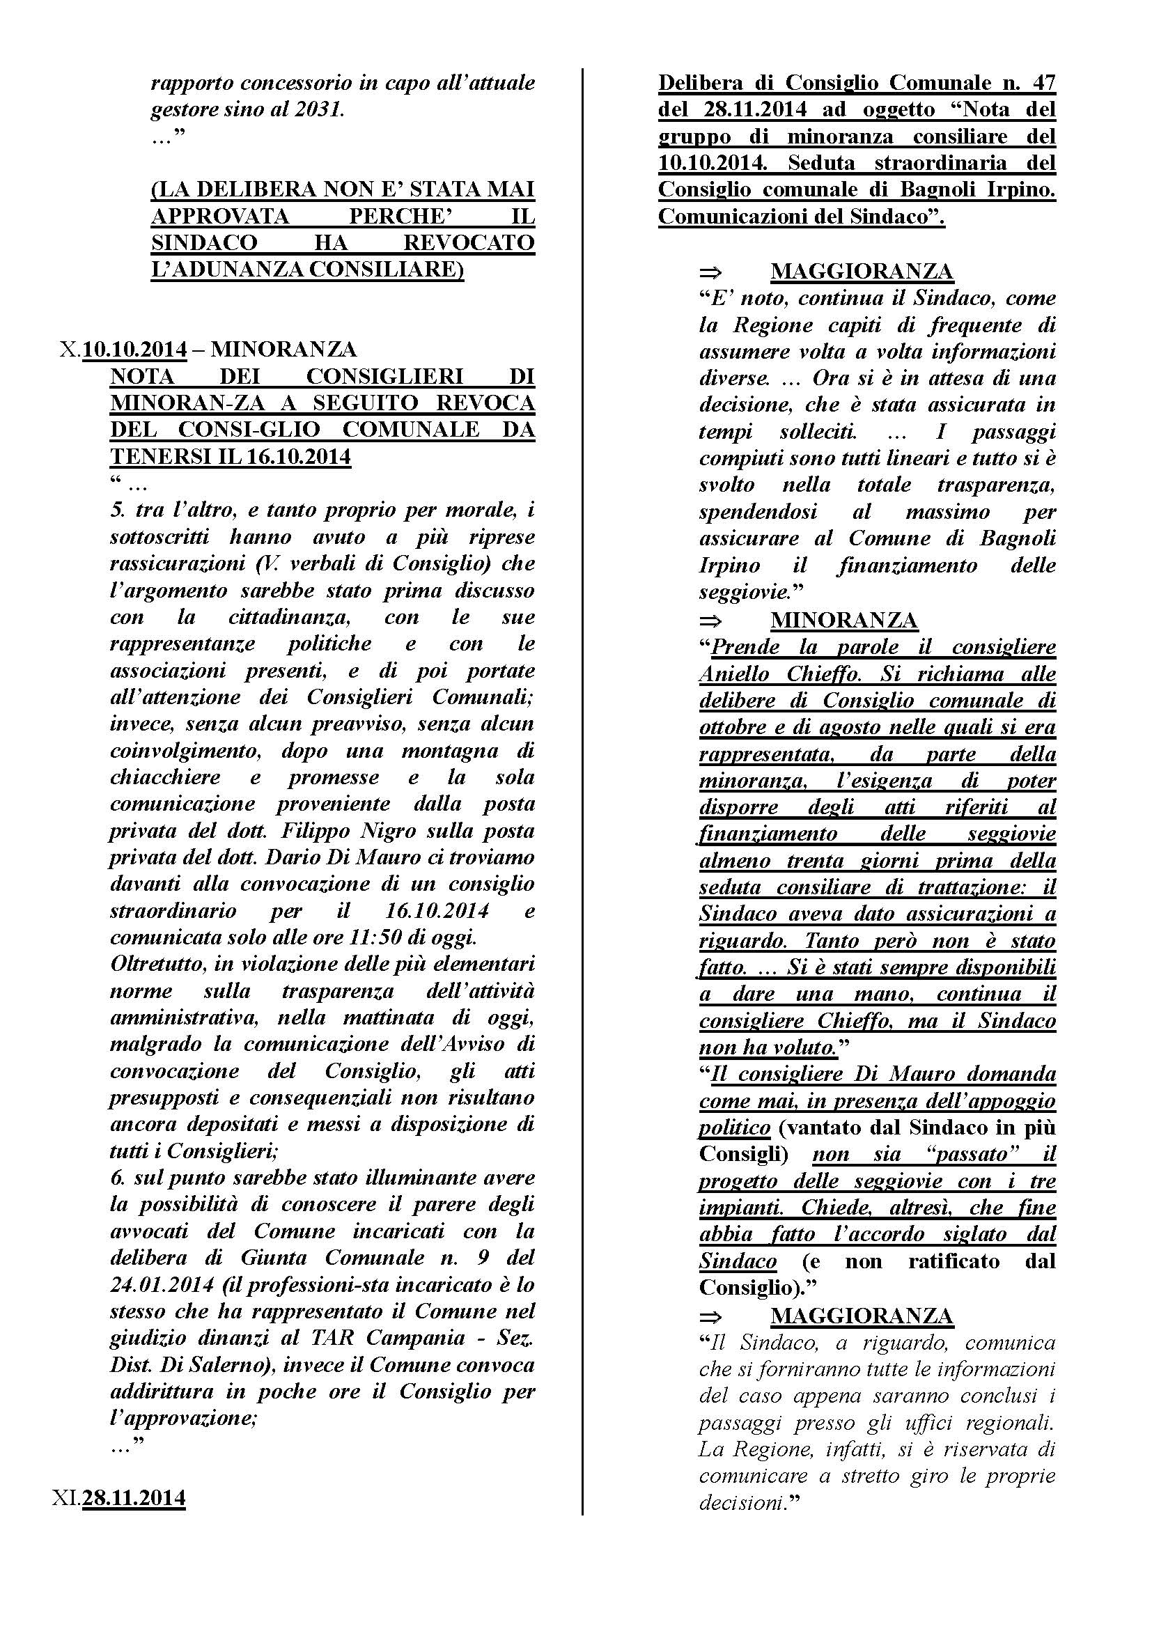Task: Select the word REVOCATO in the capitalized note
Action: (x=468, y=242)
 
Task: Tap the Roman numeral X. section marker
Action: (x=70, y=350)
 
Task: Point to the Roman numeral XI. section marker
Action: (x=66, y=1498)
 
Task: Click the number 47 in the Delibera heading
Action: (x=1040, y=83)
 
